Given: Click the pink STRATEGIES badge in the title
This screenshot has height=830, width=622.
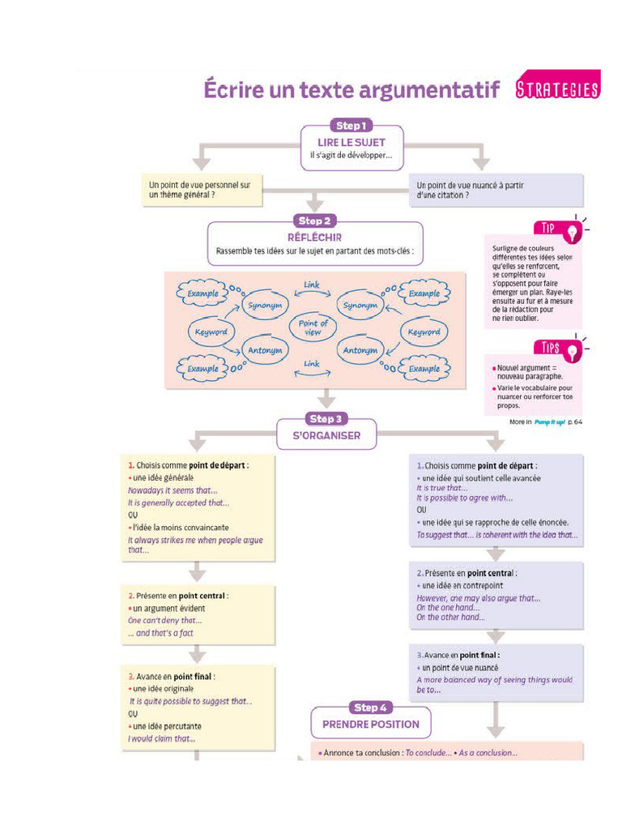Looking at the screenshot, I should point(557,89).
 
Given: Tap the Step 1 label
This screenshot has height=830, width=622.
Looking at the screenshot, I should point(351,126).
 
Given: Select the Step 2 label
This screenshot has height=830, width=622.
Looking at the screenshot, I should point(315,220).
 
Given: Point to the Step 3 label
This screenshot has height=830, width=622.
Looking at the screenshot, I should point(326,419).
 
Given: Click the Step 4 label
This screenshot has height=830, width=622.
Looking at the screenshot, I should point(371,708).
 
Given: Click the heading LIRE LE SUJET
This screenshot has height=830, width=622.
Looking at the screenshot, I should point(351,143).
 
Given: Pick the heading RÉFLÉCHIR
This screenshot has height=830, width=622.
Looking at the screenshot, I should point(314,237).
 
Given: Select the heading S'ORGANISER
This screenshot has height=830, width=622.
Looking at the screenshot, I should point(326,435).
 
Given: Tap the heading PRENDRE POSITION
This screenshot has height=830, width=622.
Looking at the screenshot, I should point(371,724).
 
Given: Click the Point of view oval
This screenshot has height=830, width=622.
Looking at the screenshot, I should point(313,327).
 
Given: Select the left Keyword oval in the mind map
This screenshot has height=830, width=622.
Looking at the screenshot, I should point(211,332).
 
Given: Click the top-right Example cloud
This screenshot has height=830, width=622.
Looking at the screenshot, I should point(424,293).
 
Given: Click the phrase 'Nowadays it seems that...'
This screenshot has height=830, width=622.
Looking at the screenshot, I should point(173,490).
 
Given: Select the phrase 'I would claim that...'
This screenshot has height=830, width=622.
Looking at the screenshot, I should point(161,738).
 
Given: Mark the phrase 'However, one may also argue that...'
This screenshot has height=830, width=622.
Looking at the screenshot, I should point(479,598).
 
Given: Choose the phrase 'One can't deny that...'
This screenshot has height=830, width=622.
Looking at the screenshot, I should point(165,621).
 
